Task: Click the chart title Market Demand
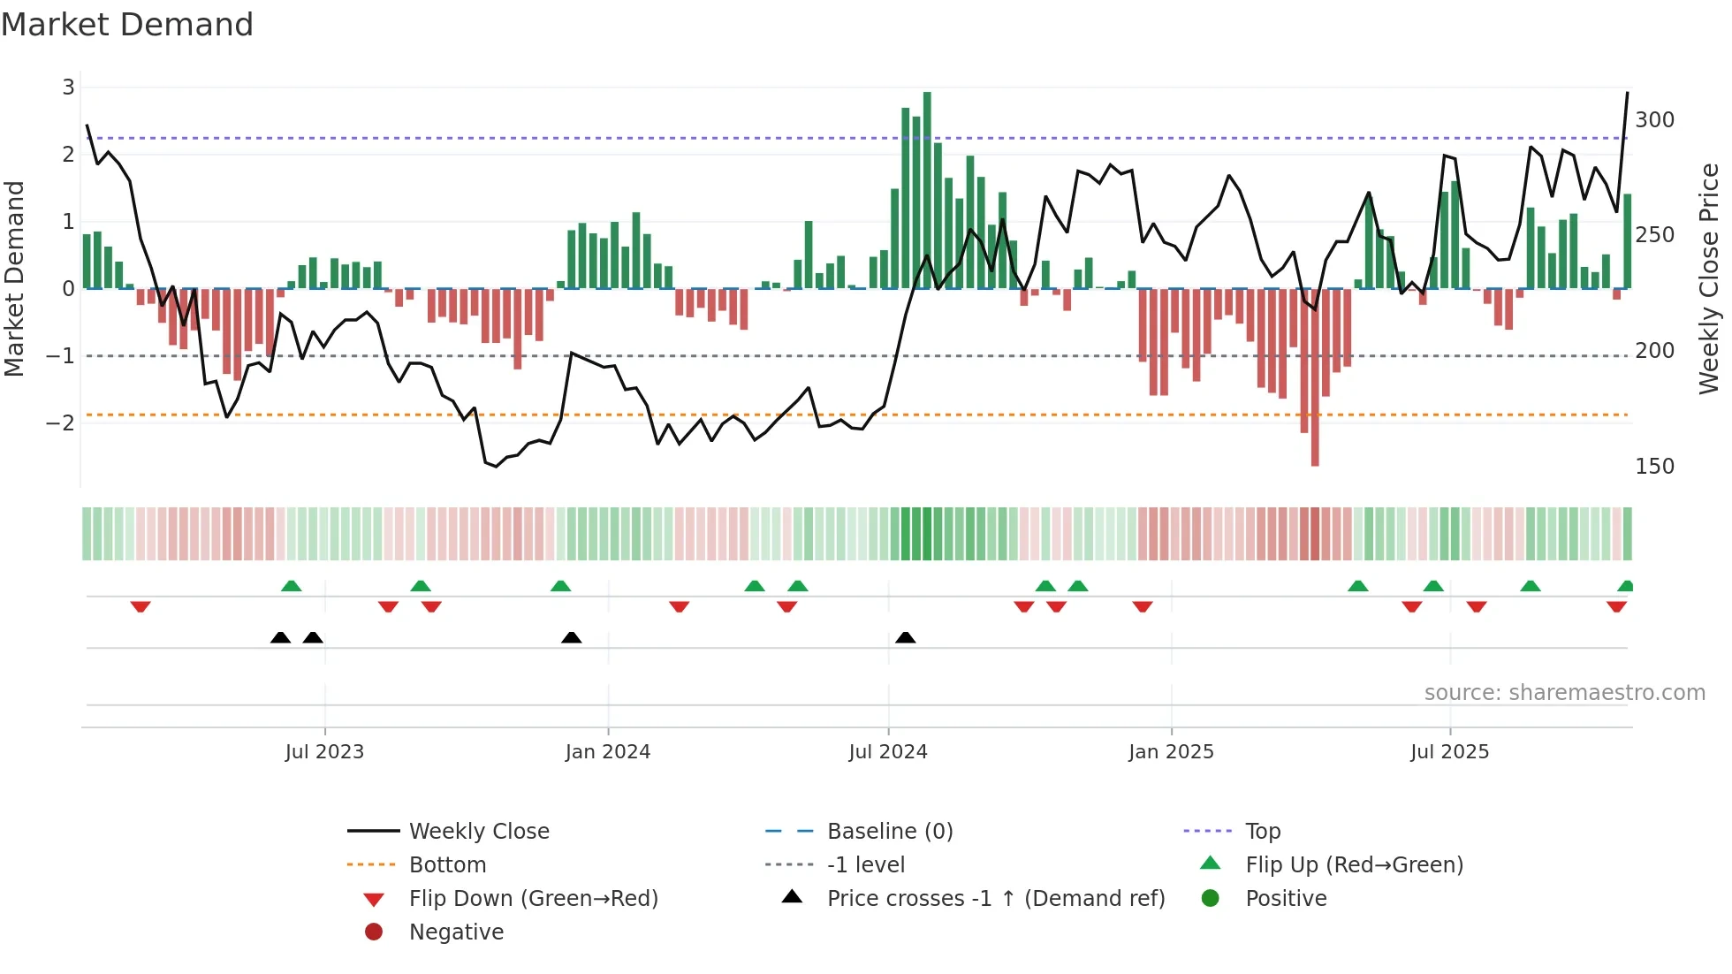pos(127,25)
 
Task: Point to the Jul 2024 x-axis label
pos(888,752)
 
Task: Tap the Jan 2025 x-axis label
pos(1171,752)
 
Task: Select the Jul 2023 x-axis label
pos(324,752)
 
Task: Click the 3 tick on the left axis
pos(68,88)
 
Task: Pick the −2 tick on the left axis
pos(61,423)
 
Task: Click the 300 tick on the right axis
pos(1654,120)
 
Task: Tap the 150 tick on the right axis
pos(1654,467)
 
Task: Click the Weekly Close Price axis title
pos(1709,278)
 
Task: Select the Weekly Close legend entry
pos(478,832)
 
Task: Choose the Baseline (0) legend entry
pos(889,832)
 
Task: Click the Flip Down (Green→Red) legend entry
pos(533,899)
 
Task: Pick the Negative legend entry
pos(456,932)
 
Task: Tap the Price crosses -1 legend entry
pos(995,899)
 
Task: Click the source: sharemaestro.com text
pos(1564,693)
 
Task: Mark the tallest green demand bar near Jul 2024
pos(927,190)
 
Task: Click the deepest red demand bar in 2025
pos(1315,377)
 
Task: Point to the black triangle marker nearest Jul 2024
pos(906,637)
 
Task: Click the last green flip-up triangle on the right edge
pos(1626,586)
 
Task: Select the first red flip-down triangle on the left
pos(141,606)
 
